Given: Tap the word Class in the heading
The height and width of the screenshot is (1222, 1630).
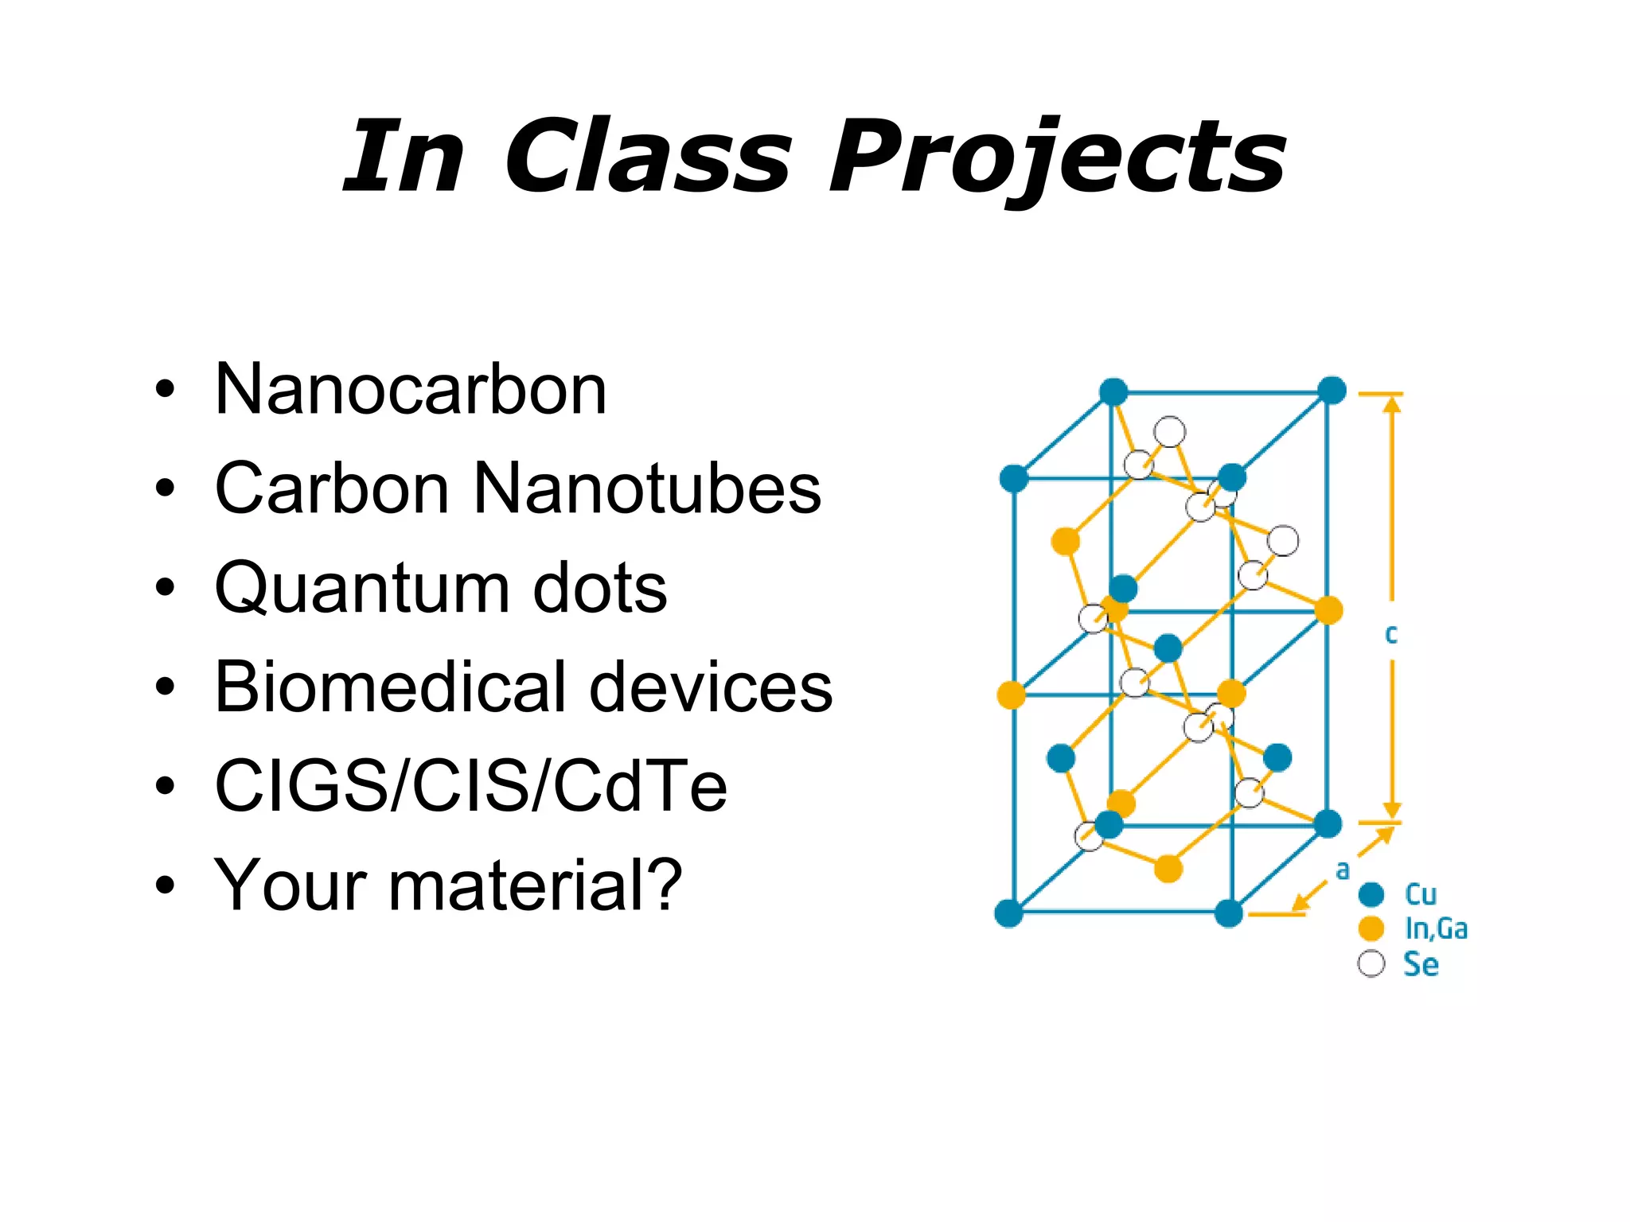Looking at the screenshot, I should point(648,157).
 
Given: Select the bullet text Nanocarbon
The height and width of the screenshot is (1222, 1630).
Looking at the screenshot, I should point(411,390).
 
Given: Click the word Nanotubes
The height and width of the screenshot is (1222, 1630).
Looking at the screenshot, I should point(646,488).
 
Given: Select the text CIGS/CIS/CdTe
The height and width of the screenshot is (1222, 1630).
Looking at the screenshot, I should point(470,786).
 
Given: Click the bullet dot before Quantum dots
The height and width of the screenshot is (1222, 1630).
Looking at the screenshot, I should point(165,588).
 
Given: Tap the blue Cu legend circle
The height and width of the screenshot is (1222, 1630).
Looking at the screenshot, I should point(1371,894).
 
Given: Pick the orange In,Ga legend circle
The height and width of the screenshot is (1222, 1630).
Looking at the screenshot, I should point(1371,928).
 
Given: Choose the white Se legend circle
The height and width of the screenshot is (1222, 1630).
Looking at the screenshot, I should point(1371,963).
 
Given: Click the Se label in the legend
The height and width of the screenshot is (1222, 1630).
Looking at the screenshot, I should point(1421,964).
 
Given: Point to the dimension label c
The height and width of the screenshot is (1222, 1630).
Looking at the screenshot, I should point(1390,635).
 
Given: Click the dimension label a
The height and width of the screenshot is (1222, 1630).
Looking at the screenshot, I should point(1343,870).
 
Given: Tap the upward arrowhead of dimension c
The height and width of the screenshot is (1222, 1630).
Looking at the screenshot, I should point(1391,404).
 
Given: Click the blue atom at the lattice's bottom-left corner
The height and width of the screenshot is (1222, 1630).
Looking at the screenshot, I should point(1008,913).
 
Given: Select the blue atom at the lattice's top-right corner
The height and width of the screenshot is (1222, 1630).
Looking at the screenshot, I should point(1332,391).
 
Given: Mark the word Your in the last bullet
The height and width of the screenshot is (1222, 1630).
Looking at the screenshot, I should point(290,885).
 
